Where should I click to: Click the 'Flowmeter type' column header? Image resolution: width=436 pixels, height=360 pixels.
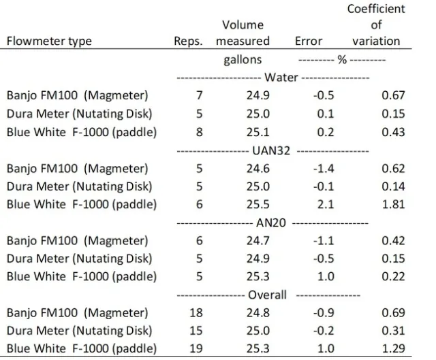48,42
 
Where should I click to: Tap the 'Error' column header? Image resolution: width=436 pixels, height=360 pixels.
308,42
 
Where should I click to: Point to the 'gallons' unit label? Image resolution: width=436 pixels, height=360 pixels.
243,60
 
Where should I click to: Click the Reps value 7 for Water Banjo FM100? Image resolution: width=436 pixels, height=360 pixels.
198,95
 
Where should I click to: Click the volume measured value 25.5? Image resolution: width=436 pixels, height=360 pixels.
247,204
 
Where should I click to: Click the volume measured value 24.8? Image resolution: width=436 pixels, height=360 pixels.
247,312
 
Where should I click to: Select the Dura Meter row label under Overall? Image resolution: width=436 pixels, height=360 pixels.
78,330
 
